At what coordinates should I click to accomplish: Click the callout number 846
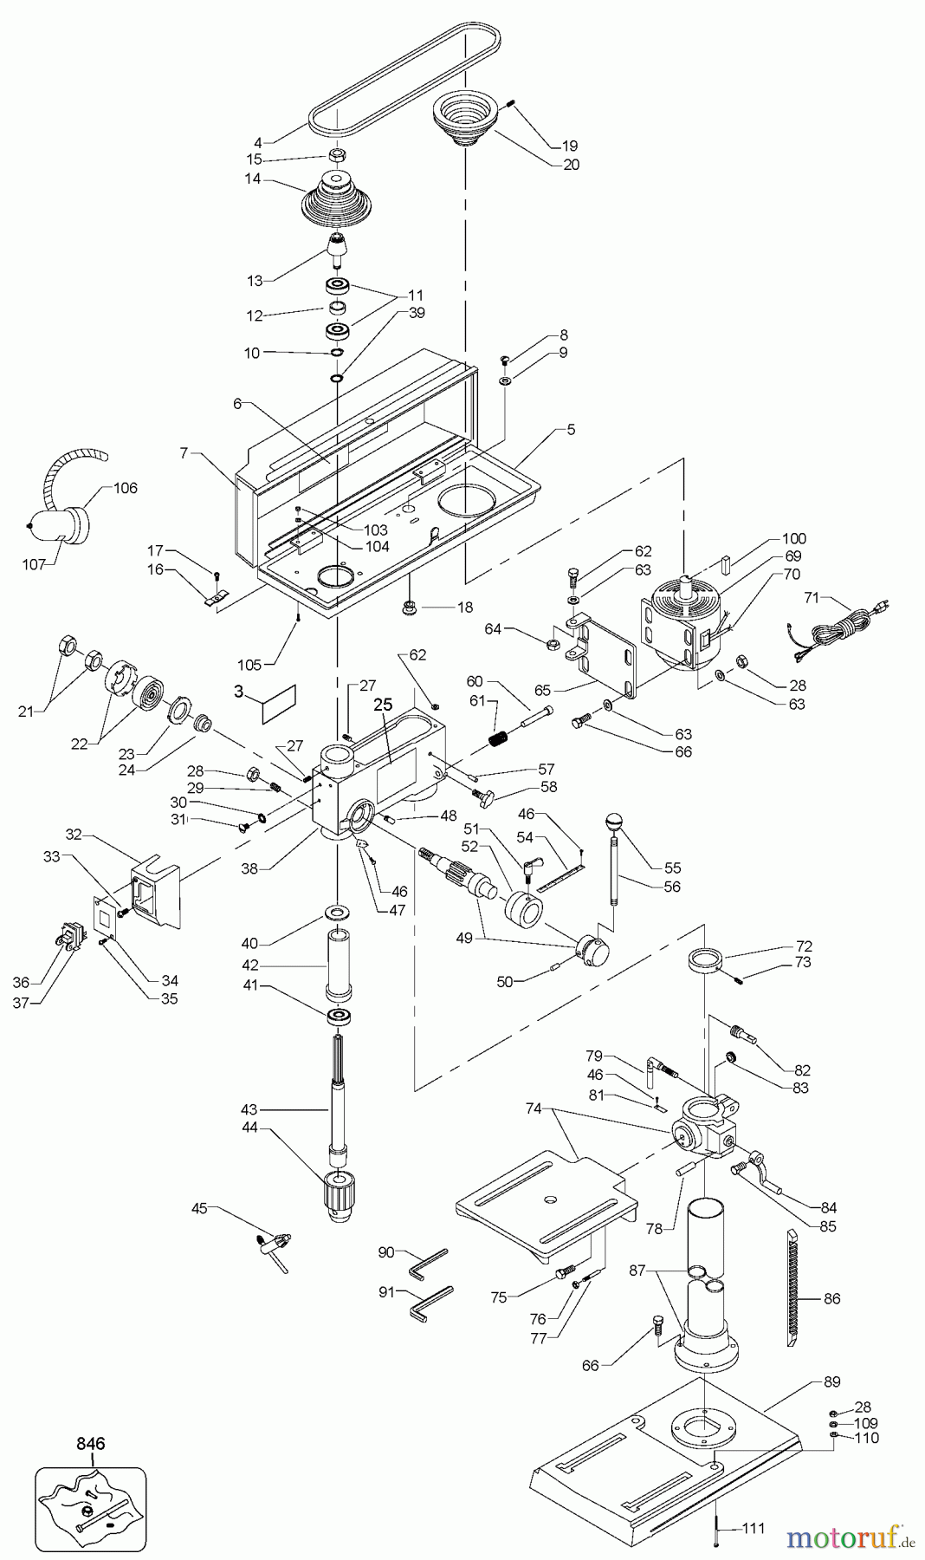(x=90, y=1444)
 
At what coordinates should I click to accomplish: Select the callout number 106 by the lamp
(x=126, y=488)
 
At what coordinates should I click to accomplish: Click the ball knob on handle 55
(x=613, y=819)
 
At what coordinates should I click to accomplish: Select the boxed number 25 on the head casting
(x=383, y=706)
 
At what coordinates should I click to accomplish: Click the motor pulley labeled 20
(x=465, y=121)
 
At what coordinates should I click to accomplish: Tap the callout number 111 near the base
(x=754, y=1527)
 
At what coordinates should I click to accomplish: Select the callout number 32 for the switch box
(x=74, y=835)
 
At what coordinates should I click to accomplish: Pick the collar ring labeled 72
(x=705, y=959)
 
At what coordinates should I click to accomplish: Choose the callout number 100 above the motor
(x=794, y=538)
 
